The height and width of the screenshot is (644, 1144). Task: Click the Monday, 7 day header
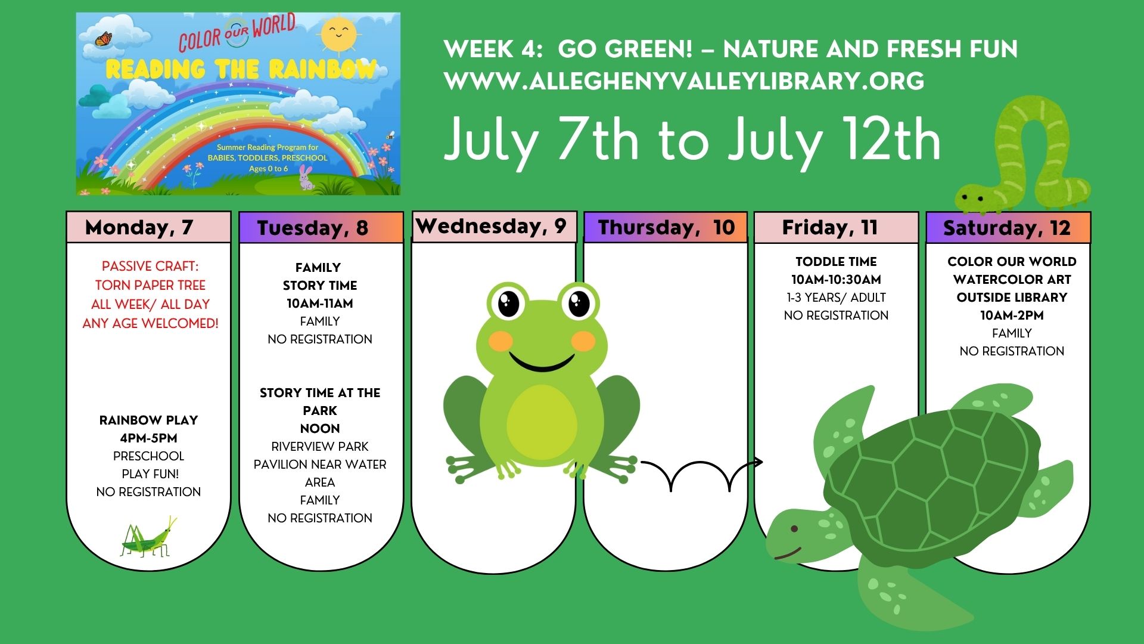coord(148,227)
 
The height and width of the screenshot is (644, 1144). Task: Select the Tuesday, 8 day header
coord(321,228)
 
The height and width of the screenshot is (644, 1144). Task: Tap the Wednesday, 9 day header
coord(494,227)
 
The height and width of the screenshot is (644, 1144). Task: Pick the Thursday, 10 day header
coord(666,227)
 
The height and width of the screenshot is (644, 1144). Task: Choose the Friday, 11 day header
coord(837,227)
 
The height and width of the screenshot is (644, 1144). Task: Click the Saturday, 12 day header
coord(1008,228)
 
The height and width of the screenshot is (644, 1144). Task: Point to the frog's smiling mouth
coord(542,360)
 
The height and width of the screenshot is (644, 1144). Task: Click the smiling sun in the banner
coord(338,35)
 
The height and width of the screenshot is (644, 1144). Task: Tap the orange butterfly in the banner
coord(104,39)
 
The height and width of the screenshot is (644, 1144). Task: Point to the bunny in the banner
coord(306,178)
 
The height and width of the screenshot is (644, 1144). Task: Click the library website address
coord(685,81)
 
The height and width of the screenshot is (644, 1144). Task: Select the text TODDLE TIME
coord(836,261)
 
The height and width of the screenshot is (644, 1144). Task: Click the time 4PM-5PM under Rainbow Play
coord(148,438)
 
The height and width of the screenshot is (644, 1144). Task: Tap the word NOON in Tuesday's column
coord(320,428)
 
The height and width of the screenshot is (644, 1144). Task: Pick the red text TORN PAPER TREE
coord(150,285)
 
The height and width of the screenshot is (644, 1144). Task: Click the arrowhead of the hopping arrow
coord(758,462)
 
